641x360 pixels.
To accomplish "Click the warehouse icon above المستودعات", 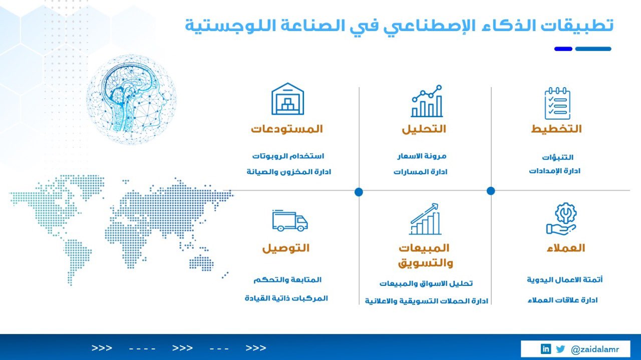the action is (287, 99).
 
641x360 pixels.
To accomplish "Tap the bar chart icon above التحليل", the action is (427, 101).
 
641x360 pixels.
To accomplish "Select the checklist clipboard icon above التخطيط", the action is (557, 103).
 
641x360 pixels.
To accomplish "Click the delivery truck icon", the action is (290, 221).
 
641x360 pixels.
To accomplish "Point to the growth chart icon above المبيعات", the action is (425, 219).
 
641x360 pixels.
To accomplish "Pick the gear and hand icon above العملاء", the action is (561, 219).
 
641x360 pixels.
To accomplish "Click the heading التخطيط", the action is (556, 129).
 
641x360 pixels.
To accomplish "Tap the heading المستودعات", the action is (287, 129).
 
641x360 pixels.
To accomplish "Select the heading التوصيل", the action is (286, 248).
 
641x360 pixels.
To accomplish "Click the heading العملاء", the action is (566, 248).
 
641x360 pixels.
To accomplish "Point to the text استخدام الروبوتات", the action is (288, 156).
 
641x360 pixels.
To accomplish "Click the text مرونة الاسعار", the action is (422, 156).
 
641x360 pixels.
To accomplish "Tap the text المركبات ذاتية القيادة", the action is (286, 298).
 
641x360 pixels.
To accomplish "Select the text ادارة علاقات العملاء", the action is (562, 300).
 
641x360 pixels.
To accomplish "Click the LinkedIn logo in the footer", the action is (546, 349).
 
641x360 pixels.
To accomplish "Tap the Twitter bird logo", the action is (560, 349).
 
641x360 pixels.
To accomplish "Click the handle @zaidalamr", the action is (594, 349).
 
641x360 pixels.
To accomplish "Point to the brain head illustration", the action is (131, 99).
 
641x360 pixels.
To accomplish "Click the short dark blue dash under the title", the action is (563, 49).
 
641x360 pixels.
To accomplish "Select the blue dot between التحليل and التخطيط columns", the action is (491, 191).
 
